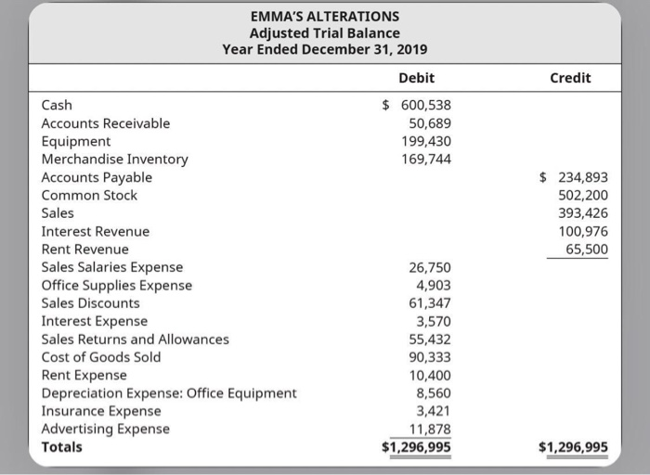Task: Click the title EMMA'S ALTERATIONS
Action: pos(325,16)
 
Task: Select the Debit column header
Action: pos(415,78)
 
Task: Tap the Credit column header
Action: pos(570,78)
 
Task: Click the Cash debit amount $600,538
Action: pos(418,105)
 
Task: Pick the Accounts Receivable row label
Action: pos(106,122)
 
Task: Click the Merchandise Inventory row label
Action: pos(115,159)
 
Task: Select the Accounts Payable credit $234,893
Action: pos(574,177)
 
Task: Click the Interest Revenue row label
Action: pos(96,231)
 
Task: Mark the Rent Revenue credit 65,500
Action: pos(585,250)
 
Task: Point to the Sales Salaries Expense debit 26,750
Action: pos(430,268)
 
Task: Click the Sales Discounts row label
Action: pos(91,303)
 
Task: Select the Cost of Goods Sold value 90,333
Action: pos(430,357)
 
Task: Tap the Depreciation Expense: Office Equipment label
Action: pos(169,392)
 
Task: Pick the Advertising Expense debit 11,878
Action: pos(430,429)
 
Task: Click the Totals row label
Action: pos(62,447)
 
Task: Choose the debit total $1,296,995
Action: pos(417,447)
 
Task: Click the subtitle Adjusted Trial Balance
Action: pos(325,32)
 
